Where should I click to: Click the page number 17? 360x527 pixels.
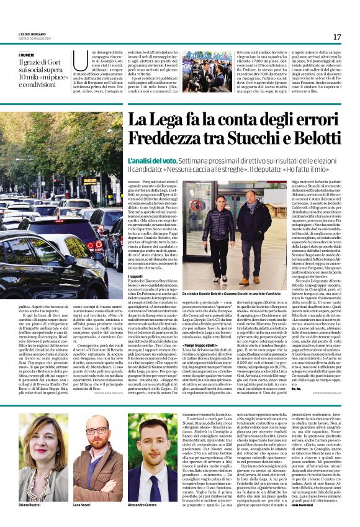point(337,37)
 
